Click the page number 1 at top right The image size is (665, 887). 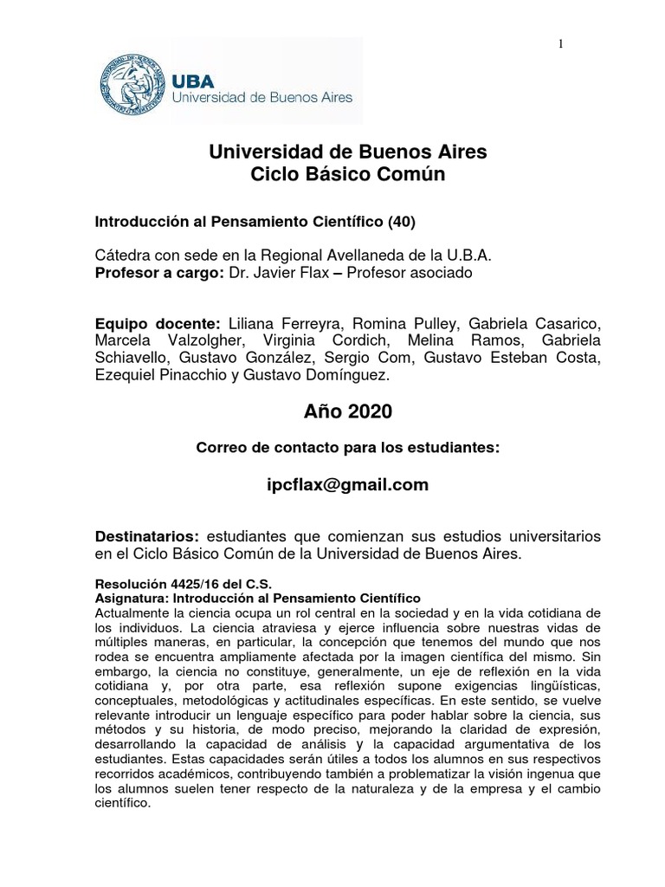560,45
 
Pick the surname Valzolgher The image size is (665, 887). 200,340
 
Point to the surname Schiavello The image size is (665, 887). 131,358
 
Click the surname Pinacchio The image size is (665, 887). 197,375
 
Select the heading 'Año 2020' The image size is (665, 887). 347,413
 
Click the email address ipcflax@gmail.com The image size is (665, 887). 348,485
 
